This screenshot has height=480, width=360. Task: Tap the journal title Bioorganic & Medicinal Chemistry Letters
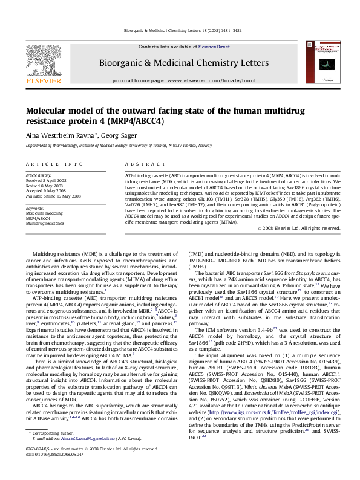coord(185,63)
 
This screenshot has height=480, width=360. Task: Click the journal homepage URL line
coord(185,80)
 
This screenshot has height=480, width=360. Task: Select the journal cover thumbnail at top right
coord(327,62)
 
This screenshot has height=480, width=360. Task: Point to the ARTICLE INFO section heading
coord(54,164)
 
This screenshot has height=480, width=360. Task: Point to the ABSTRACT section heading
coord(140,164)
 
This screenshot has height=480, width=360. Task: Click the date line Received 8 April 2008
coord(47,180)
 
